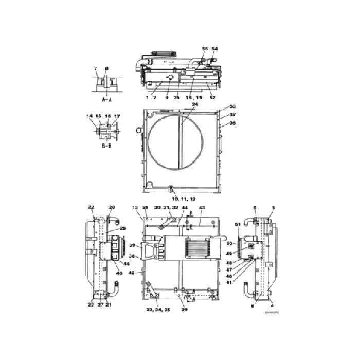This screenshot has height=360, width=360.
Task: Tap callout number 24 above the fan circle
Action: [x=194, y=104]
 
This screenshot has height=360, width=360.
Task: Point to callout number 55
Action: [x=205, y=49]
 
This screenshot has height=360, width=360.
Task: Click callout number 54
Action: [x=214, y=49]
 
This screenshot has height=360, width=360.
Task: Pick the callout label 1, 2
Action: [x=150, y=97]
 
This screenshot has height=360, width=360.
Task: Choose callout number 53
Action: [x=232, y=106]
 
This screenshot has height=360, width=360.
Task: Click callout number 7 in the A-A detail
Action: [x=95, y=68]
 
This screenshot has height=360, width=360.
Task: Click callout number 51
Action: [x=237, y=224]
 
